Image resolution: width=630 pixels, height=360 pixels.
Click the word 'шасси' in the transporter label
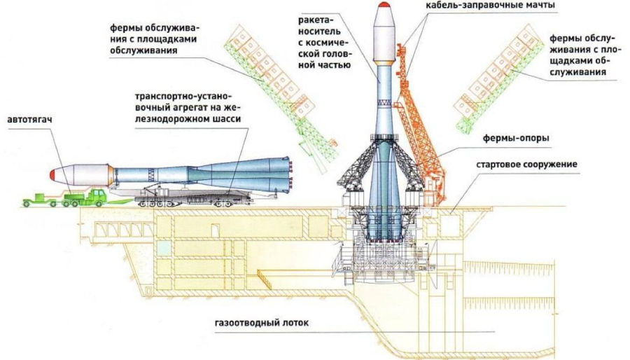229,120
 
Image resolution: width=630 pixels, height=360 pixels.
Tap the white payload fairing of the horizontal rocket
87,174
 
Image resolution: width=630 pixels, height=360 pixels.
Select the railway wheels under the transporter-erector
161,202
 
